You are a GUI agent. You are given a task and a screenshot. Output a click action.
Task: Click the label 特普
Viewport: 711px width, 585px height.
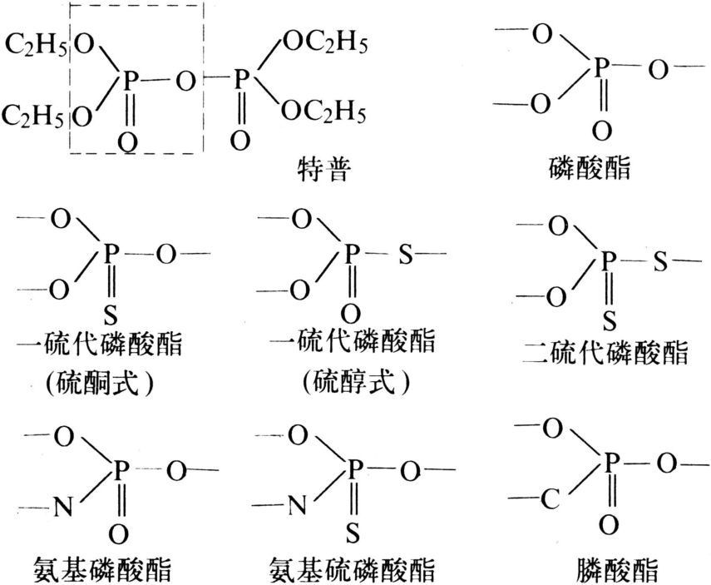click(324, 170)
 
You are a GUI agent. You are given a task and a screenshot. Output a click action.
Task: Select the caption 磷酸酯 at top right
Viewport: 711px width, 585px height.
click(590, 167)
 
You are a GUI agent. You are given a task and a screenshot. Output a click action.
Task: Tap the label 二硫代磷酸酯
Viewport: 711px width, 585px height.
click(605, 353)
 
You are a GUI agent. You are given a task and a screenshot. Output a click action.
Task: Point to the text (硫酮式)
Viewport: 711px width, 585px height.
click(99, 384)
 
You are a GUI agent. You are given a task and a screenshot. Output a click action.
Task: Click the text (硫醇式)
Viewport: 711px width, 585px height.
click(357, 382)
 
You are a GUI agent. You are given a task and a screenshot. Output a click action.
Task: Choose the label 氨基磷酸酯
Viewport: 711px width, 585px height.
click(102, 569)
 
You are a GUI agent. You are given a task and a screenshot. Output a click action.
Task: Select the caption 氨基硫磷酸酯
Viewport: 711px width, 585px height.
click(352, 569)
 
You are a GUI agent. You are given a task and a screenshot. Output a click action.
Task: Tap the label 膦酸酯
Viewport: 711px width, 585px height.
click(617, 569)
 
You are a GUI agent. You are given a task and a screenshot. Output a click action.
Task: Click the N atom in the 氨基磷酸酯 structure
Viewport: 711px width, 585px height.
click(63, 507)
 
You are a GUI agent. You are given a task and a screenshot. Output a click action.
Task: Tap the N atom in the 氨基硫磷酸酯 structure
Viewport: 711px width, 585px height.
click(297, 504)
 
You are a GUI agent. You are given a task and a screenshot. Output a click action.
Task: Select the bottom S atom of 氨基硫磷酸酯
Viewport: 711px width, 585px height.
click(353, 533)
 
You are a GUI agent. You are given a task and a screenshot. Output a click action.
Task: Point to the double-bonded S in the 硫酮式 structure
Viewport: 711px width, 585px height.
click(111, 315)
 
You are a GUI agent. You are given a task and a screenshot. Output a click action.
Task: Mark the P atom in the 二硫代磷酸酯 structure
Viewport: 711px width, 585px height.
click(608, 261)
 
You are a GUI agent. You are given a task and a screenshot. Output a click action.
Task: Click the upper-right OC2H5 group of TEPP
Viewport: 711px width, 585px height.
click(324, 43)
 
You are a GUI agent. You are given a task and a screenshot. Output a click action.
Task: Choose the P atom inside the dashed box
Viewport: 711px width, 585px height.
click(130, 82)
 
